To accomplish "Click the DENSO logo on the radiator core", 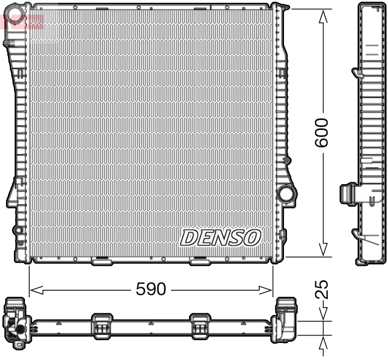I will click(x=220, y=238).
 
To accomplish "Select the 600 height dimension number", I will click(x=322, y=132).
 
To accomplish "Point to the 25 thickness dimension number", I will click(x=322, y=289).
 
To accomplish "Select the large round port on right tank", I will click(x=286, y=194).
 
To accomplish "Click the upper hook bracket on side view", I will click(x=357, y=73).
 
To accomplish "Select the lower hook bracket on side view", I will click(x=357, y=234).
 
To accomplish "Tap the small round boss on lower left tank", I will click(x=18, y=230).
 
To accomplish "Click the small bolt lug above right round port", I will click(x=286, y=161).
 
